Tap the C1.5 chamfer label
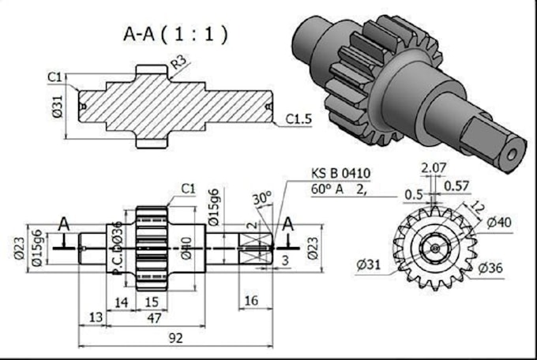pyautogui.click(x=299, y=119)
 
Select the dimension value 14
pyautogui.click(x=122, y=302)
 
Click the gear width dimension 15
pyautogui.click(x=152, y=302)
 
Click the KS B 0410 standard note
pyautogui.click(x=340, y=174)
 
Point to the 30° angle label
pyautogui.click(x=261, y=197)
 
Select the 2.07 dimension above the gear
pyautogui.click(x=434, y=167)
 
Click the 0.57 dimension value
pyautogui.click(x=456, y=186)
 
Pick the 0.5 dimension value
pyautogui.click(x=413, y=194)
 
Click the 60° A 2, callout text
pyautogui.click(x=340, y=189)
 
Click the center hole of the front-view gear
pyautogui.click(x=434, y=247)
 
